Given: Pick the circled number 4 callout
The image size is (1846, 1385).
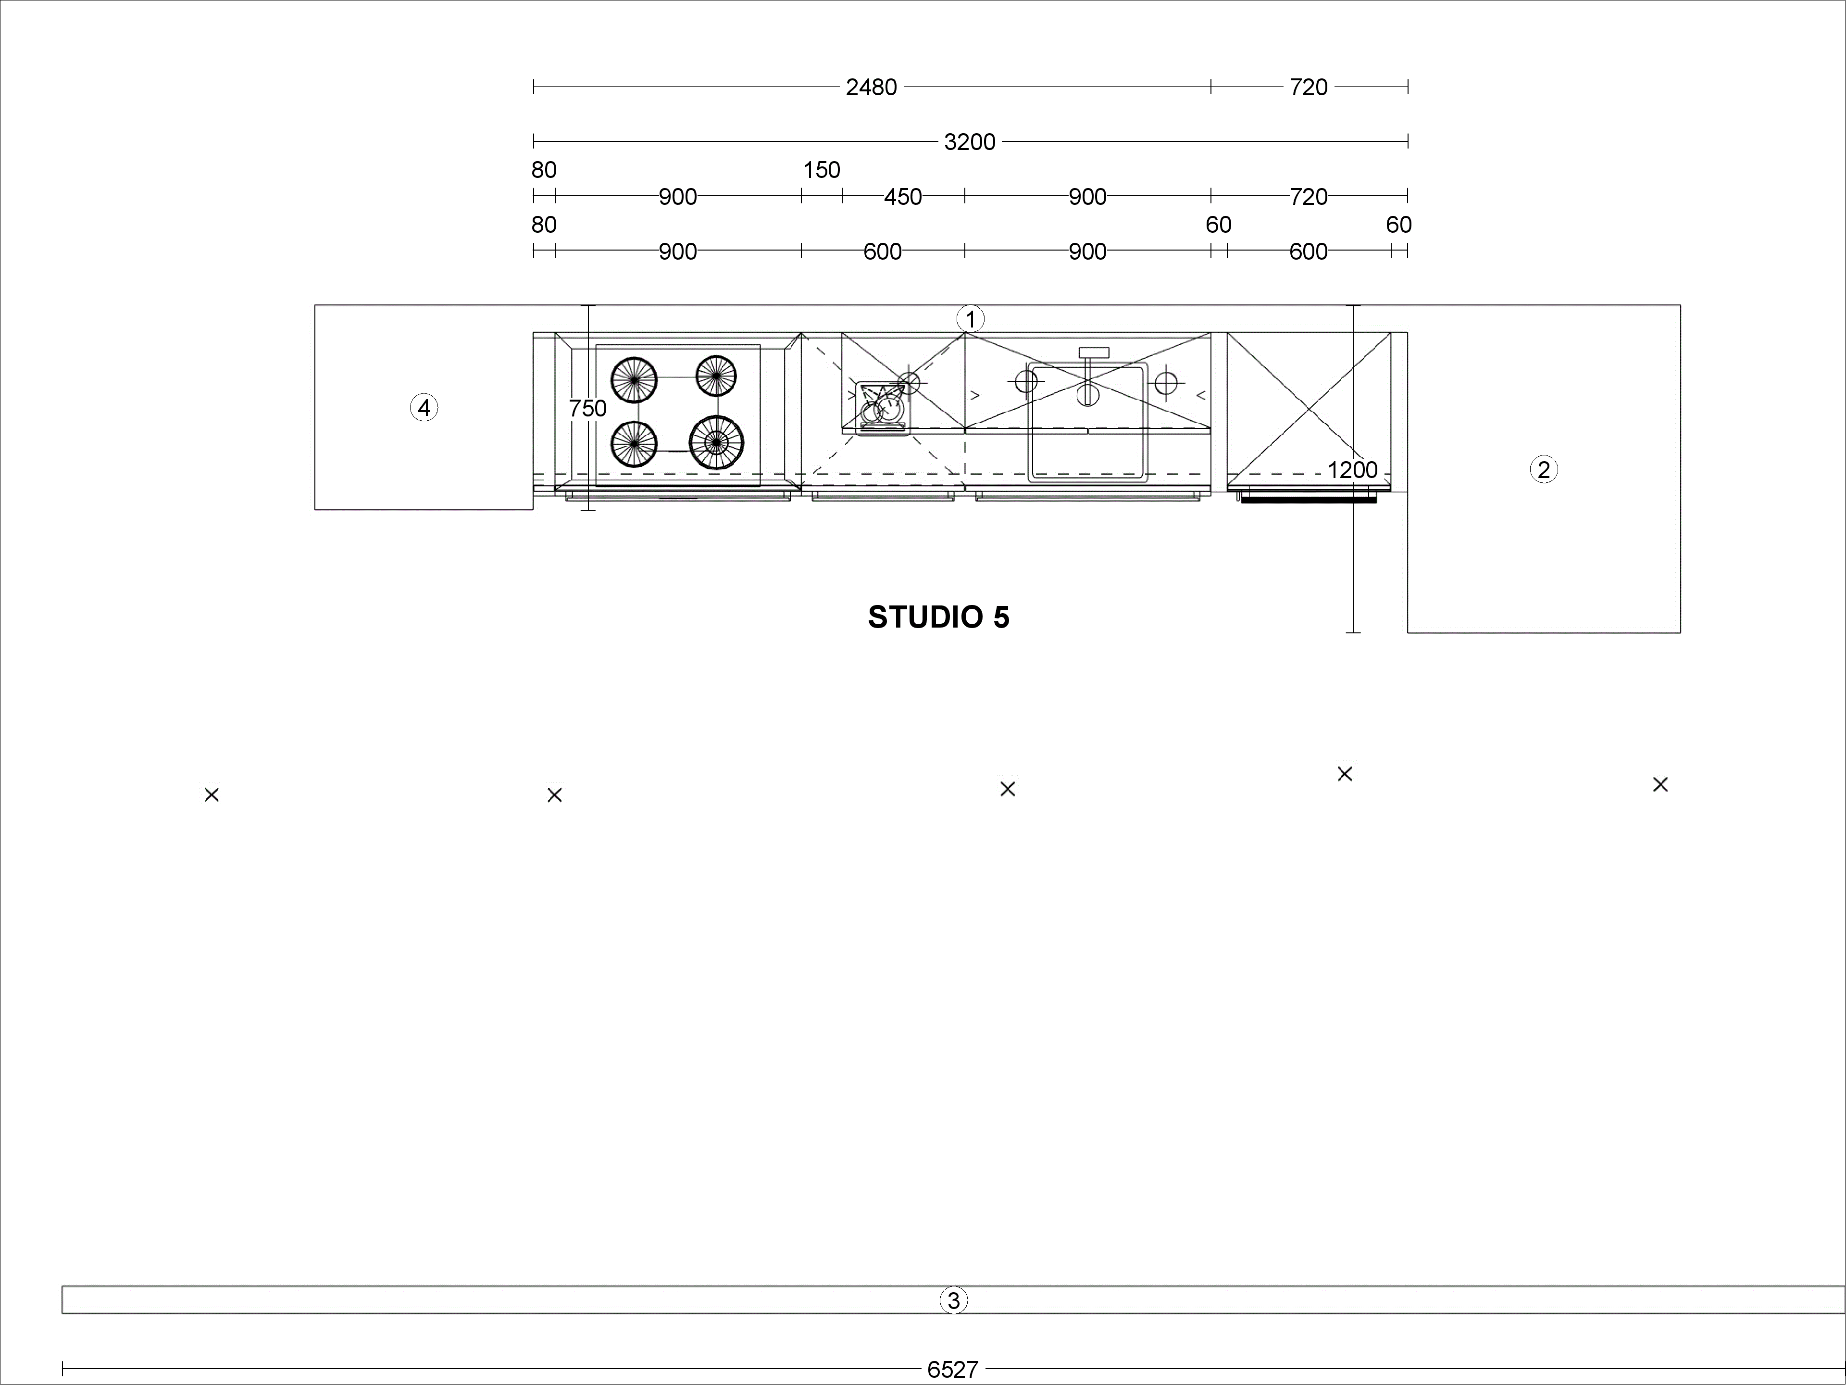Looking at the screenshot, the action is click(x=424, y=407).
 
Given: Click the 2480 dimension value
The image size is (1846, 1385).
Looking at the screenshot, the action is click(x=871, y=87).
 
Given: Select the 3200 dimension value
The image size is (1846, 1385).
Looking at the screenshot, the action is click(x=970, y=142).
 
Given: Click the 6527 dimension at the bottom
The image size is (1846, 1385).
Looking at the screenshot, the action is click(x=952, y=1369).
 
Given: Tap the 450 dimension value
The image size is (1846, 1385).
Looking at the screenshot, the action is click(x=903, y=197).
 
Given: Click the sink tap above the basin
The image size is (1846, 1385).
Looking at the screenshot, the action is click(x=1094, y=353).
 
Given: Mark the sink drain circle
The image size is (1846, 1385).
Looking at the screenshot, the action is click(x=1087, y=393).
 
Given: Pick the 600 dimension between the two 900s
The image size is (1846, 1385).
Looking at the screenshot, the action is click(x=882, y=252).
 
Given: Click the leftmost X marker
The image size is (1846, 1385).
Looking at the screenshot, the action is click(x=212, y=795).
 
